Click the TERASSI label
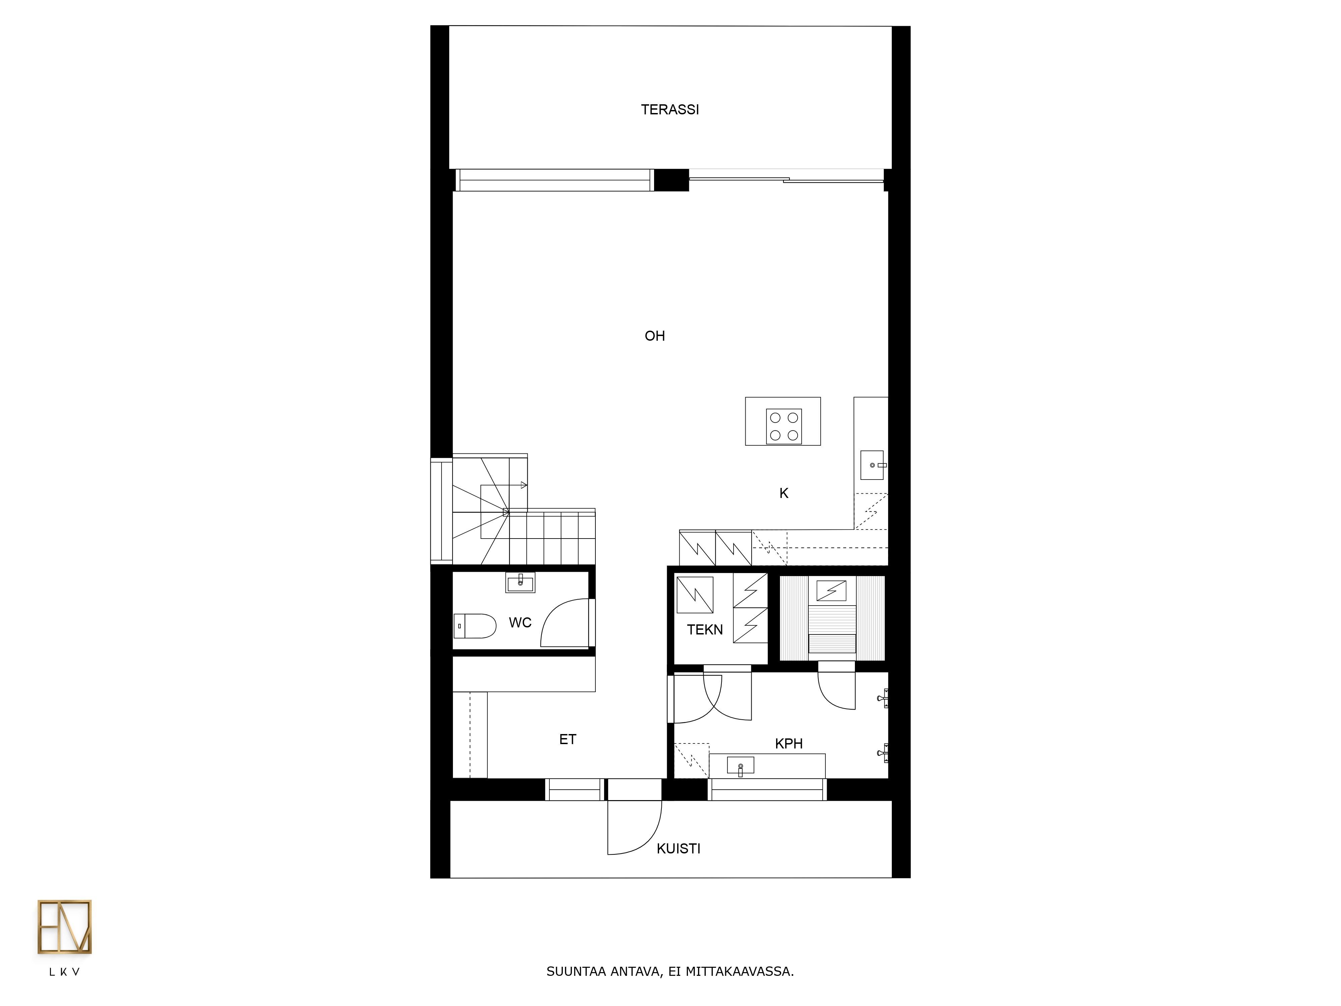(670, 110)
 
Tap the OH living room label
(655, 336)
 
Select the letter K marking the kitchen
(784, 494)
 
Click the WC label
(520, 623)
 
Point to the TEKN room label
(705, 630)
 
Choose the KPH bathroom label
(789, 743)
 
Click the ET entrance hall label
(568, 739)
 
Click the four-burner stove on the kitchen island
(784, 426)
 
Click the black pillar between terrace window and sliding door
(671, 180)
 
